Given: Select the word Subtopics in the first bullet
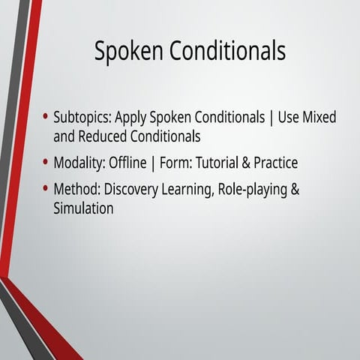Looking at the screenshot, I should pyautogui.click(x=82, y=118).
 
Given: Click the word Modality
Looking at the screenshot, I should pyautogui.click(x=79, y=163).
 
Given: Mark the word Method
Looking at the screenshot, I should pyautogui.click(x=76, y=189).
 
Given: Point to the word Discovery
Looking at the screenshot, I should pyautogui.click(x=133, y=189).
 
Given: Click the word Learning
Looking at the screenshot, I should pyautogui.click(x=188, y=189).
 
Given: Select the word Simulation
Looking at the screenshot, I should pyautogui.click(x=83, y=208).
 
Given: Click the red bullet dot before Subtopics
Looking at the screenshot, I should pyautogui.click(x=46, y=118).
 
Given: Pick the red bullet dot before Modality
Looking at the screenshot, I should pyautogui.click(x=46, y=162).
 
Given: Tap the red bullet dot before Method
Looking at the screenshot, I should pyautogui.click(x=46, y=188).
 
